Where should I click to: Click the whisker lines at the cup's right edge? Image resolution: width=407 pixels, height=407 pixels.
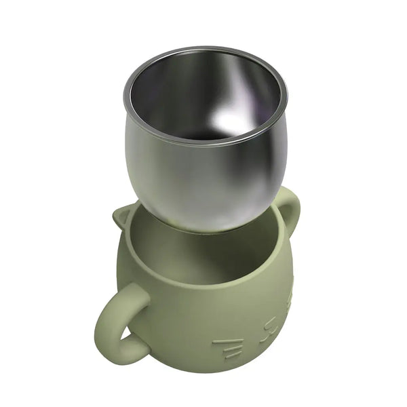coord(290,298)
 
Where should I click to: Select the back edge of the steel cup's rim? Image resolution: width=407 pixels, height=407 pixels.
coord(203,49)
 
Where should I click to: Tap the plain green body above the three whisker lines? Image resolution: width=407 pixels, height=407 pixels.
coord(217,319)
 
